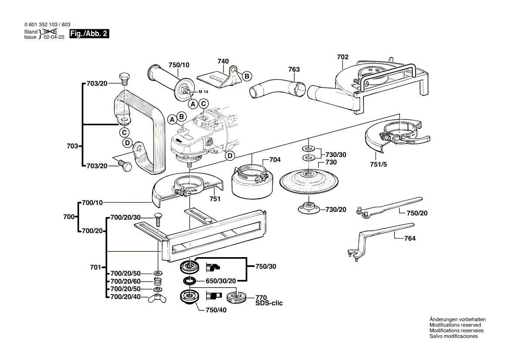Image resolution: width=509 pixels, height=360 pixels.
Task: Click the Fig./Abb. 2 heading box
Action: (x=89, y=34)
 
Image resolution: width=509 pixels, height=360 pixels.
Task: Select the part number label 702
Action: (x=343, y=57)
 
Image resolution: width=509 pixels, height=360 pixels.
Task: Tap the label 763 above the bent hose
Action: (x=294, y=69)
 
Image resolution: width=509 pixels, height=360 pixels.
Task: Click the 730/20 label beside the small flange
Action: (x=336, y=210)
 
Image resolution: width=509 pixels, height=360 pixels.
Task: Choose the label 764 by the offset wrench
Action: (x=410, y=238)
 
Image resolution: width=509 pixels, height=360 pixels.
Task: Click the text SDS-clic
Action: (x=269, y=303)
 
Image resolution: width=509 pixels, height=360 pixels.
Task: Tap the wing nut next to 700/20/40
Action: (x=157, y=298)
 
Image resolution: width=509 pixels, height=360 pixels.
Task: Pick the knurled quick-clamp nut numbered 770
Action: (x=237, y=298)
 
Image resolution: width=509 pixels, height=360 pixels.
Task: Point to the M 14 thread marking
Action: (x=203, y=92)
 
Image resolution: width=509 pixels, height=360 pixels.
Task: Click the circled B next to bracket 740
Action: (x=246, y=76)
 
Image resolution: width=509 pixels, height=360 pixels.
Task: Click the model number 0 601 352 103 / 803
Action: (x=47, y=25)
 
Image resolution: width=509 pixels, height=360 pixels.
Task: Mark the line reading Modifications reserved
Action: (x=455, y=325)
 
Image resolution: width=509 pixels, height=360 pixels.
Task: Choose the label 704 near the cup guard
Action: (x=275, y=160)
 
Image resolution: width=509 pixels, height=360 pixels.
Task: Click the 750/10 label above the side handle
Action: (x=179, y=65)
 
